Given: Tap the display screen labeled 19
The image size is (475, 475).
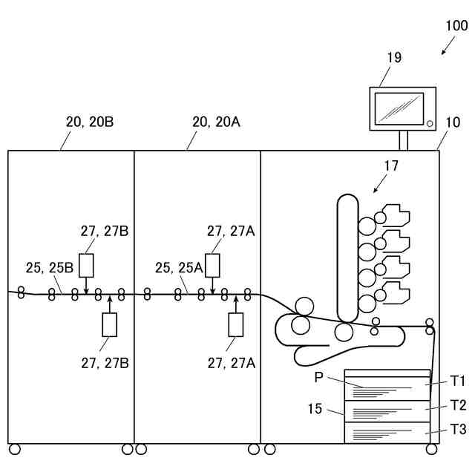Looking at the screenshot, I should [x=399, y=108].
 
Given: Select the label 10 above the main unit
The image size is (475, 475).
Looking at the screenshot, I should [x=452, y=122].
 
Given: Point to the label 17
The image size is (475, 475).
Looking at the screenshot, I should [x=391, y=166].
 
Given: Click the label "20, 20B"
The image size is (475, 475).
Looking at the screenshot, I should [x=90, y=122].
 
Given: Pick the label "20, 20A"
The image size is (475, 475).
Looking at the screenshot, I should [x=216, y=122].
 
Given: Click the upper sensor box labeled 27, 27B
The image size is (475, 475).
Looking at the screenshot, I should [x=86, y=265].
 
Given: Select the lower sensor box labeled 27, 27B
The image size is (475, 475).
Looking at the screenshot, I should [x=110, y=324].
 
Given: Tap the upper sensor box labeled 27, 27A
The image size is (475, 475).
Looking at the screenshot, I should [x=213, y=265].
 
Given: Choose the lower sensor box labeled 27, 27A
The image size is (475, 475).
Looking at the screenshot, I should [x=236, y=324].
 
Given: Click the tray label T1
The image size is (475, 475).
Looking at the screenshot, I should [x=457, y=381].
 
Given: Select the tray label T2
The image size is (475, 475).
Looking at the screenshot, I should [x=457, y=405].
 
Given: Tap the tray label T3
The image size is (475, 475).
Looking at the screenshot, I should [x=457, y=430].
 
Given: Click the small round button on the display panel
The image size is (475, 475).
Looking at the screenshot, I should [x=429, y=122].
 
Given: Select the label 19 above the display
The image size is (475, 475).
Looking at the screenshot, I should [x=394, y=57].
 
